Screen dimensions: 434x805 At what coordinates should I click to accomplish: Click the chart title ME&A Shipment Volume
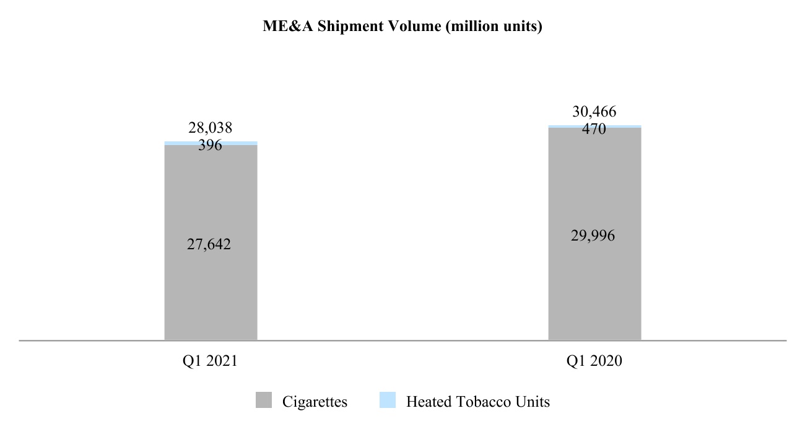point(402,28)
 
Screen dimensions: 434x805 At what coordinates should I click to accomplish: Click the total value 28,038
point(211,128)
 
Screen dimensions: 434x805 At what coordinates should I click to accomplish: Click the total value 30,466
point(594,112)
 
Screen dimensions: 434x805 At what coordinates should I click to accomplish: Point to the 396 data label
point(211,146)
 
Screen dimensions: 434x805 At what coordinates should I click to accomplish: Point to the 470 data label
point(594,130)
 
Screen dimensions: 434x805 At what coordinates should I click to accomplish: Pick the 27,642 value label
point(209,245)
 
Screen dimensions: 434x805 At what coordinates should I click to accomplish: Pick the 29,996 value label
point(593,236)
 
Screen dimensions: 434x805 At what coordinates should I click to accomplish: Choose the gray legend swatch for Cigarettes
point(264,401)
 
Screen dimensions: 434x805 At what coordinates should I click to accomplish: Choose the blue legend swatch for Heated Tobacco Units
point(388,401)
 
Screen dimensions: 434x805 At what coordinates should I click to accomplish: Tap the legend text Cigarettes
point(315,402)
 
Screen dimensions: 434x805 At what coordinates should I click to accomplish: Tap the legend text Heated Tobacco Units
point(477,402)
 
